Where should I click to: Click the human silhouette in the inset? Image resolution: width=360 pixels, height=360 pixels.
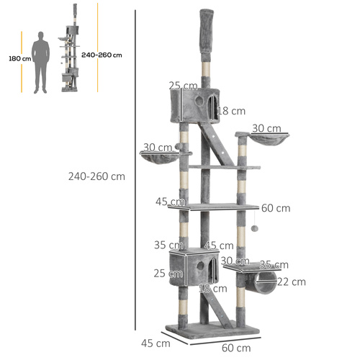coord(42,60)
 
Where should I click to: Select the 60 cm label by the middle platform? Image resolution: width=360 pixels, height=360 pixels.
coord(276,208)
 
